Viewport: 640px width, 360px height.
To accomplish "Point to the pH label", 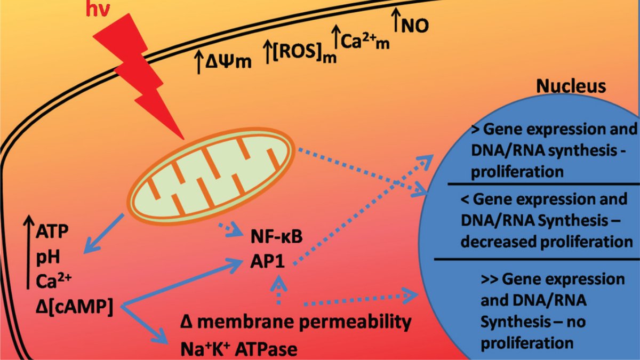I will [x=47, y=257].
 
